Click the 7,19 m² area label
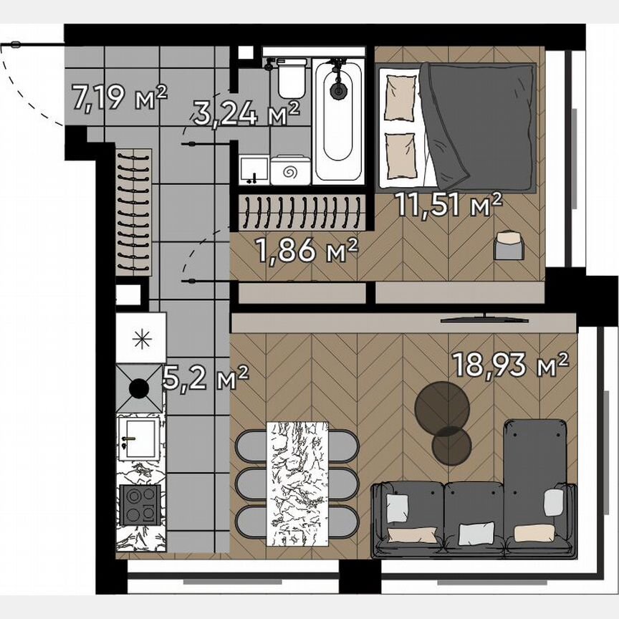120,97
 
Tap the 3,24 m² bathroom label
246,113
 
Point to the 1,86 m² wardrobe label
307,251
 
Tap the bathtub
337,118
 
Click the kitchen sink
138,437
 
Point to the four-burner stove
140,504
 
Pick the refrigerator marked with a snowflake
141,339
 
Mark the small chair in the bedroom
509,246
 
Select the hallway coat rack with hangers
134,211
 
